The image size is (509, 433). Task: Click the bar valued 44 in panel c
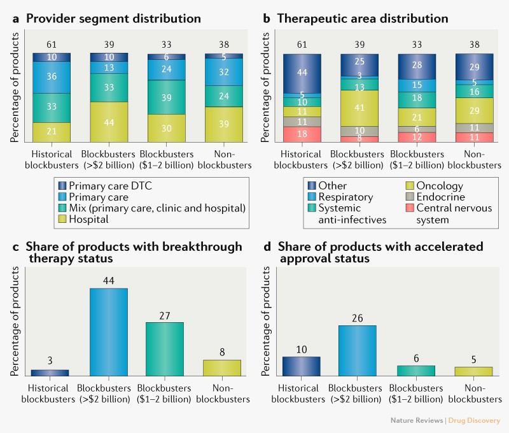tap(109, 332)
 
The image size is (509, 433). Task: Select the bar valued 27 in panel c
tap(165, 349)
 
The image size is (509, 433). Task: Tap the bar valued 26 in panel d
tap(357, 350)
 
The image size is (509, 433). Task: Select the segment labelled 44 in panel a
tap(109, 122)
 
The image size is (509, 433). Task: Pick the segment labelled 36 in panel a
tap(52, 77)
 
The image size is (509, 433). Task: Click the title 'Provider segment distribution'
tap(113, 18)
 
